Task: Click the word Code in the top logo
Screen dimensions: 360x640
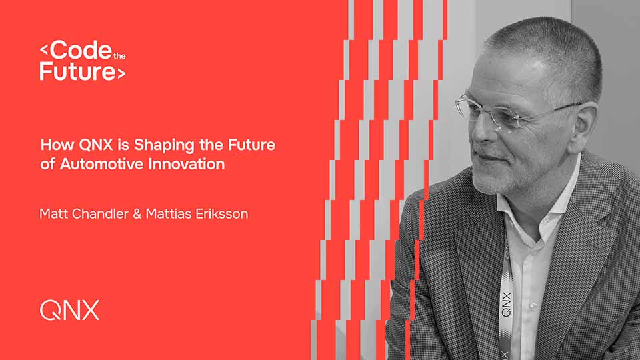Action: tap(77, 51)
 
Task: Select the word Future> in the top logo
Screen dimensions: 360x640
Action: tap(82, 71)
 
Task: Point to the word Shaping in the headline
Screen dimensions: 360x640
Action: tap(147, 145)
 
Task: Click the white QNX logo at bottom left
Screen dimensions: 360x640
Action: tap(69, 310)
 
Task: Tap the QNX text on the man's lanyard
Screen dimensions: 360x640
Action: tap(506, 303)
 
